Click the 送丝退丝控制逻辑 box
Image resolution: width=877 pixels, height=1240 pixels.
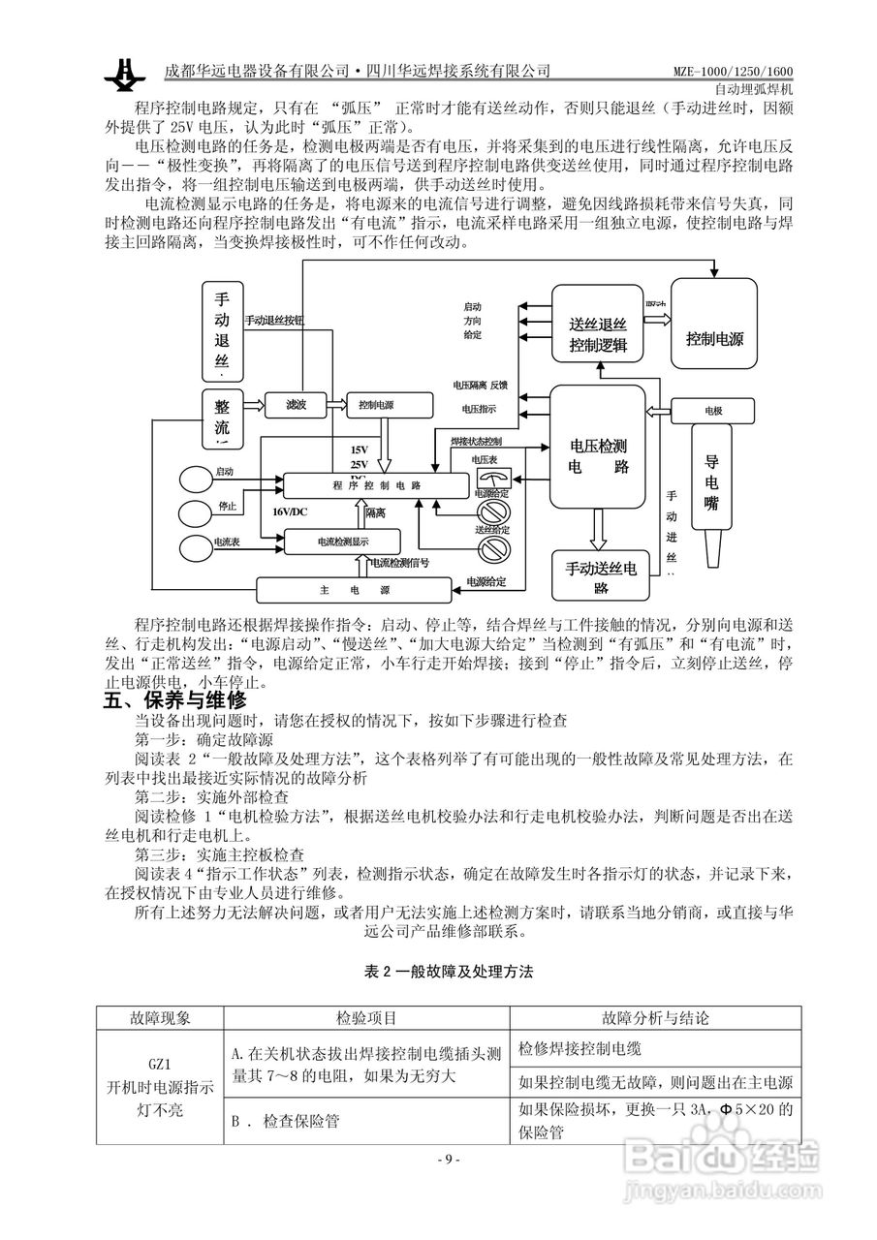click(598, 325)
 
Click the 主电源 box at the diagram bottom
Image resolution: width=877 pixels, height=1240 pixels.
click(354, 589)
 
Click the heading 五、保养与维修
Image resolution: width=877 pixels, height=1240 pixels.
click(175, 699)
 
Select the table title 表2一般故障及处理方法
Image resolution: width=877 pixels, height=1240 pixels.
click(448, 972)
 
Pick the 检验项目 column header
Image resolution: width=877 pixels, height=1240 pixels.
click(365, 1018)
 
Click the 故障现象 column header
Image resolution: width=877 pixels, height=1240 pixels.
click(160, 1018)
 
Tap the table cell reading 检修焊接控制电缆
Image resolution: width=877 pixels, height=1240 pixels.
click(579, 1047)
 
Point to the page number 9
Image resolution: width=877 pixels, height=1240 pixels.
click(447, 1160)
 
